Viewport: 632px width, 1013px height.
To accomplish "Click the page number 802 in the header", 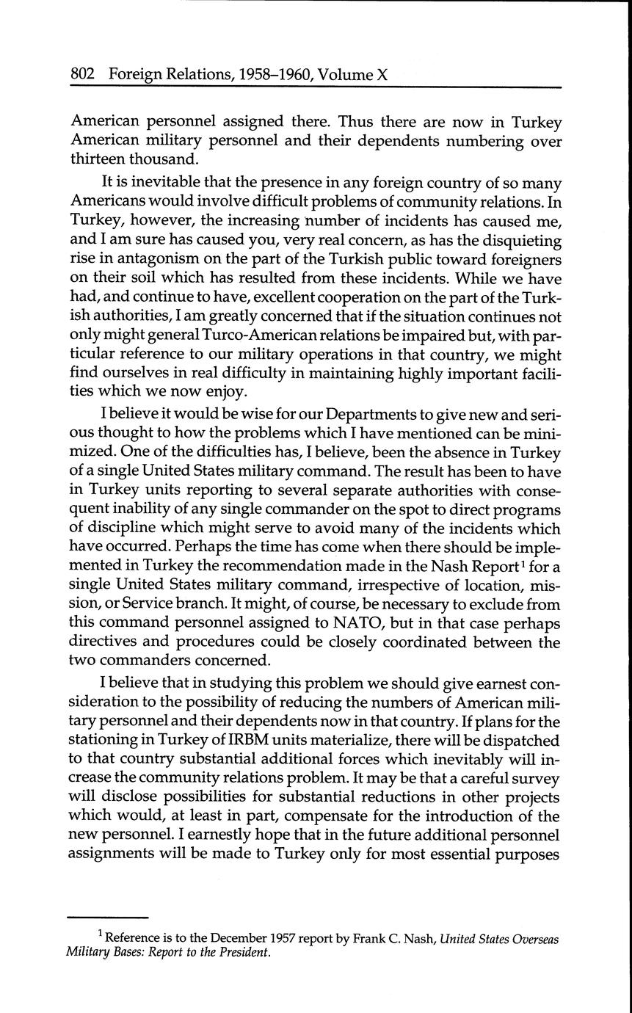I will (84, 74).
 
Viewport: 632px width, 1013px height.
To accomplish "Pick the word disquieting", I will (520, 241).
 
